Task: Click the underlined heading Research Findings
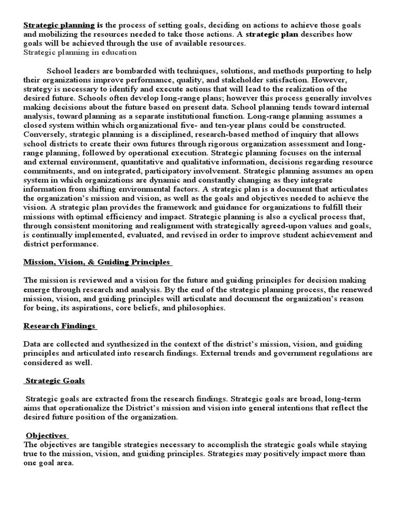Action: coord(59,326)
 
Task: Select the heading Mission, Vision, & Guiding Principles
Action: coord(97,262)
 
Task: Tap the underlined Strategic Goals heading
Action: coord(55,381)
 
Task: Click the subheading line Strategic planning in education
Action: coord(80,52)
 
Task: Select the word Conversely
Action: coord(43,135)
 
